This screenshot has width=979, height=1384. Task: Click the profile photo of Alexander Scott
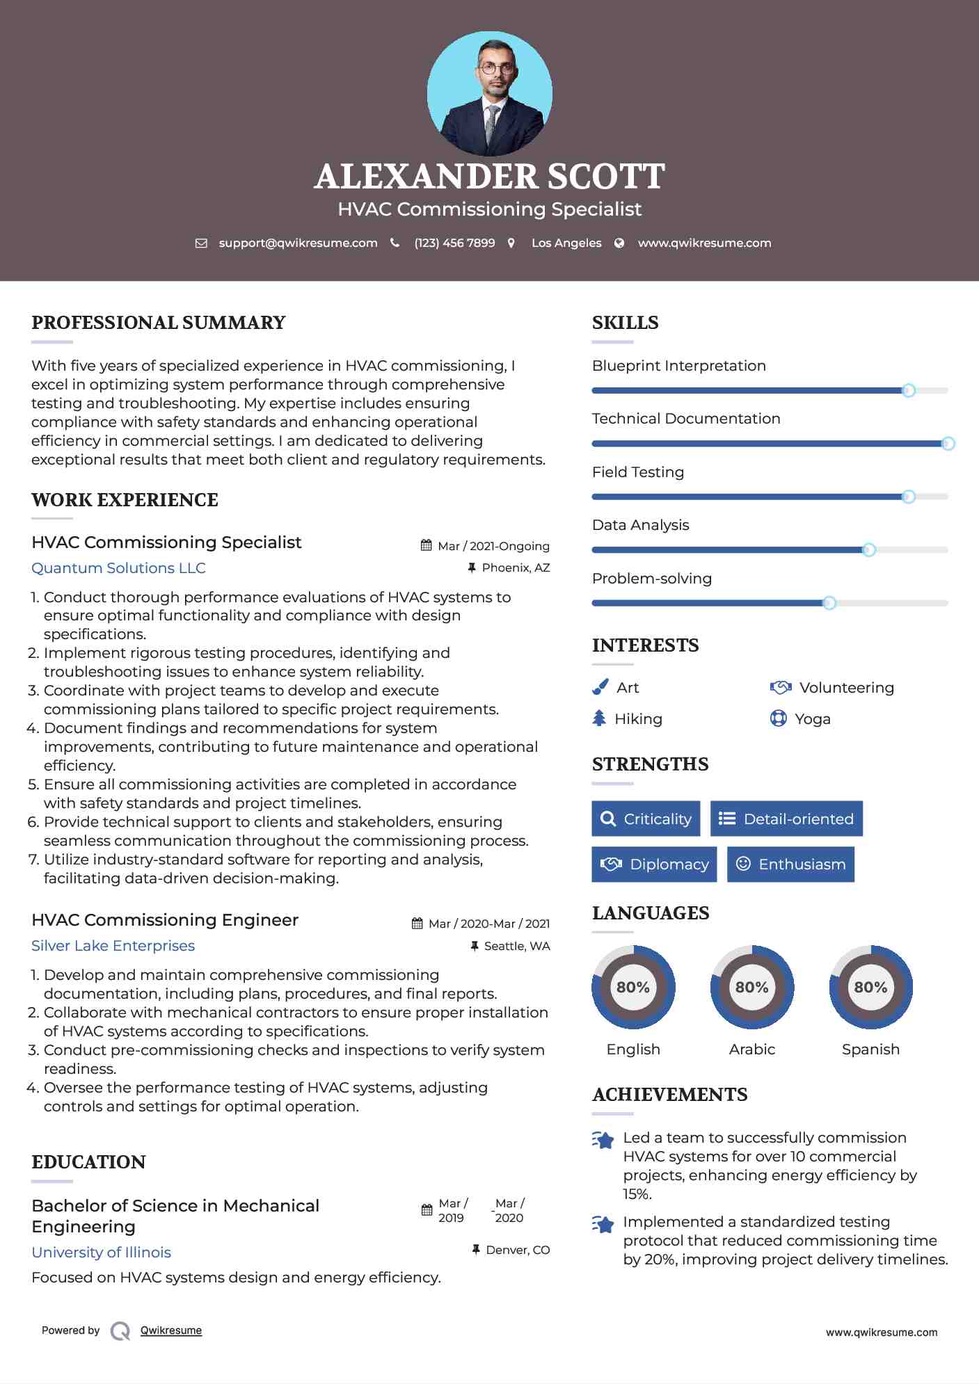[489, 93]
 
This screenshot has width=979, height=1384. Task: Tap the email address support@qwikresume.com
[298, 243]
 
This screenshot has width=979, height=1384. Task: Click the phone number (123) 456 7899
[454, 243]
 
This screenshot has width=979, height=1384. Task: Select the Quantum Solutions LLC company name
[118, 568]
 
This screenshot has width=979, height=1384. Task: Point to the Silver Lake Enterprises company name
[113, 946]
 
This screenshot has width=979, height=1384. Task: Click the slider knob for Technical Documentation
[948, 444]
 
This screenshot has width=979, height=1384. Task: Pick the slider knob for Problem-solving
[829, 603]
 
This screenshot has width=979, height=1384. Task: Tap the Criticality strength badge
[646, 819]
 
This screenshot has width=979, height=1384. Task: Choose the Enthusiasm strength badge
[790, 864]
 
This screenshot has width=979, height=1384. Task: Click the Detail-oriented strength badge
[786, 819]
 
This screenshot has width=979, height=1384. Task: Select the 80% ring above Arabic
[751, 987]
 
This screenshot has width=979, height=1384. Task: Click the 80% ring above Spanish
[870, 987]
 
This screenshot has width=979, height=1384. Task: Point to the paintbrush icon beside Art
[600, 687]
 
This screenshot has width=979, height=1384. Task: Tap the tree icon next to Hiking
[599, 718]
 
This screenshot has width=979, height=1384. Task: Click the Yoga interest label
[813, 719]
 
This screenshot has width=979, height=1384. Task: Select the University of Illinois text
[101, 1253]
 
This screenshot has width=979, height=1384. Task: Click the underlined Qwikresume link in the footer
[171, 1330]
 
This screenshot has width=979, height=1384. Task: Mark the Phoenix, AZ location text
[516, 568]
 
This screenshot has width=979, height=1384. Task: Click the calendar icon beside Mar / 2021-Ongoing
[427, 546]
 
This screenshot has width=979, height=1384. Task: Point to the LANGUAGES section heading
[651, 913]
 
